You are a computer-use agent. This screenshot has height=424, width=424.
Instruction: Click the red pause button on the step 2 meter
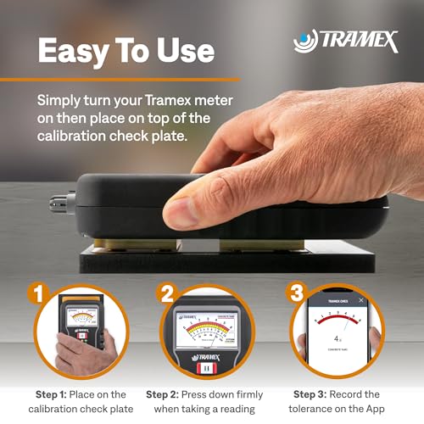pyautogui.click(x=204, y=371)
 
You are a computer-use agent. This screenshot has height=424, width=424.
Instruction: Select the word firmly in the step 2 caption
pyautogui.click(x=246, y=394)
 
